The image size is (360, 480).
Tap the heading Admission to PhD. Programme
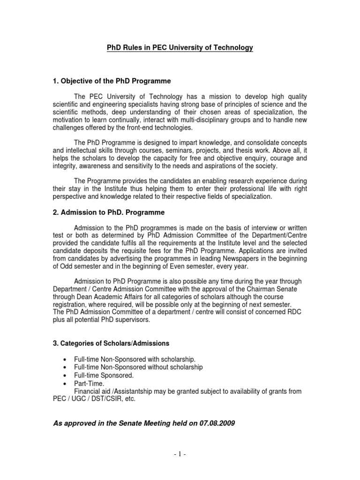tap(108, 212)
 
